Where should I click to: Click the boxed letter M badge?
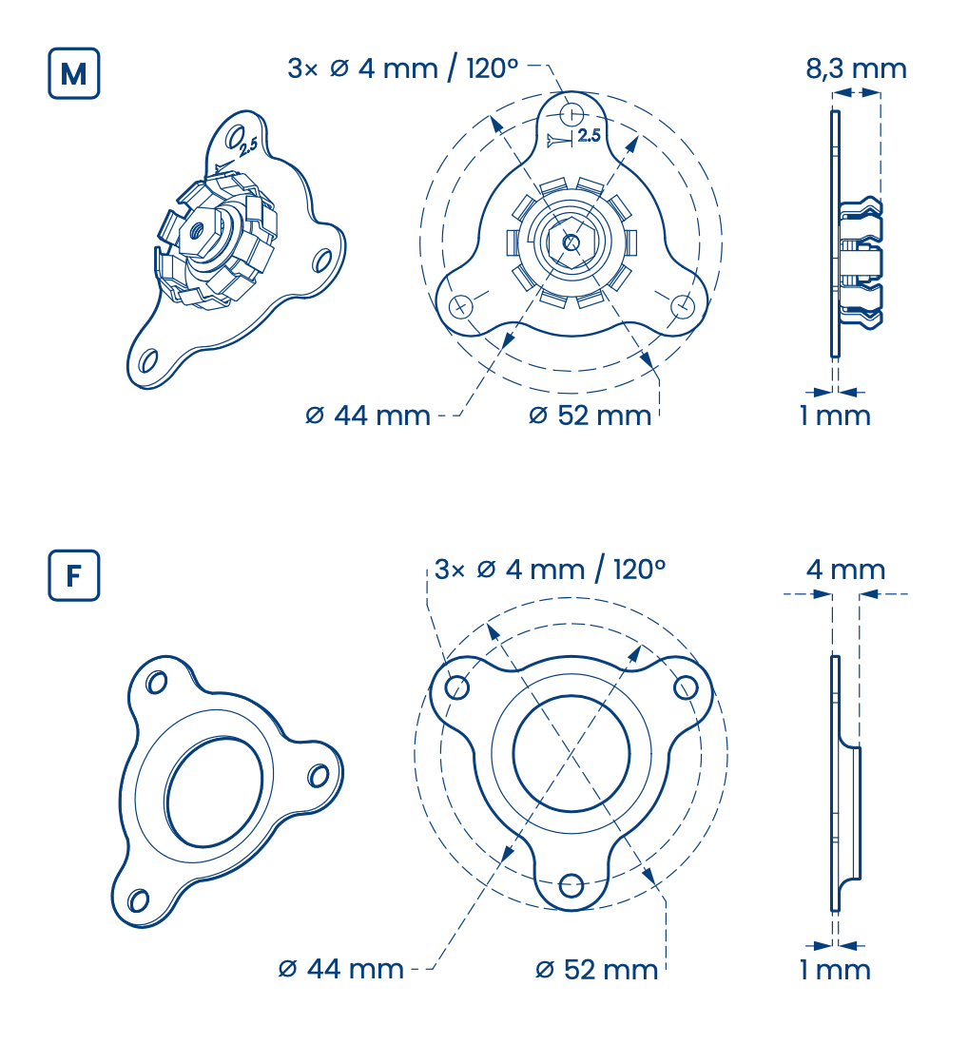tap(74, 73)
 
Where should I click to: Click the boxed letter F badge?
tap(74, 575)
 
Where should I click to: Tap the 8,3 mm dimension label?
tap(856, 69)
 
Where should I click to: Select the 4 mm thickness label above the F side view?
tap(845, 570)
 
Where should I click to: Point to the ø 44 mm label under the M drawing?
tap(367, 416)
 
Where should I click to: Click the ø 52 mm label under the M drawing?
tap(590, 416)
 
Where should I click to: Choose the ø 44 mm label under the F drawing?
tap(340, 970)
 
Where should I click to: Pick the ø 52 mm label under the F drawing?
tap(596, 970)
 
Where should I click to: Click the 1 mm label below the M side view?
tap(836, 416)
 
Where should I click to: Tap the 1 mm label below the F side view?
tap(836, 970)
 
